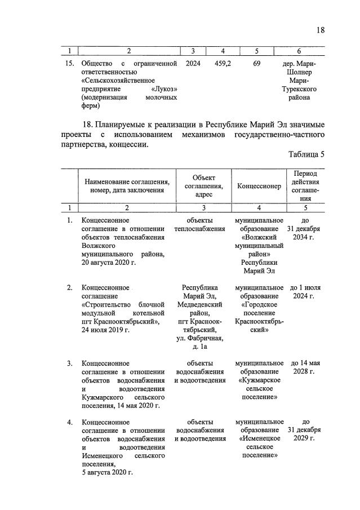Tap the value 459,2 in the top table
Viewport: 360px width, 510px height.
(x=223, y=64)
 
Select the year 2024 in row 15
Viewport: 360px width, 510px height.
(x=193, y=64)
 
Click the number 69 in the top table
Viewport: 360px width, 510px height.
(x=256, y=64)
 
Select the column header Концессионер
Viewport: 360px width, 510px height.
(x=259, y=187)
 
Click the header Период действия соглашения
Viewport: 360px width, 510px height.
(x=305, y=186)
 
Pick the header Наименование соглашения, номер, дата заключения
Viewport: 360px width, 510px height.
(x=127, y=186)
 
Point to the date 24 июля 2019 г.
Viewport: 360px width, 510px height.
(x=105, y=330)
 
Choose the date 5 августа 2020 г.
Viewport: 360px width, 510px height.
(x=107, y=472)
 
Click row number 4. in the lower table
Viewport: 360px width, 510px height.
(x=69, y=422)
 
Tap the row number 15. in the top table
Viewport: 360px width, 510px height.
(x=69, y=64)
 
